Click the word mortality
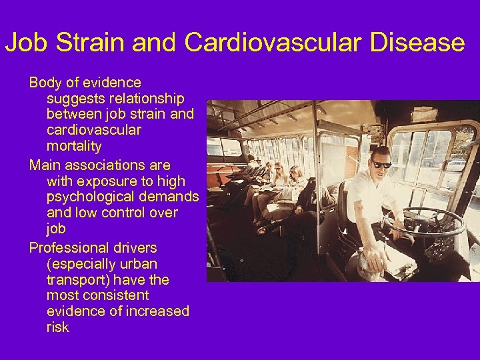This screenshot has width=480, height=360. pos(74,147)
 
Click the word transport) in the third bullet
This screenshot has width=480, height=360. pos(75,280)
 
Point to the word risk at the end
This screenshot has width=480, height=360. pos(58,327)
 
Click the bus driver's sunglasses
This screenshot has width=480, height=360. pos(381,164)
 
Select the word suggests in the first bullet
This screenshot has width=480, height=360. pos(76,99)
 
